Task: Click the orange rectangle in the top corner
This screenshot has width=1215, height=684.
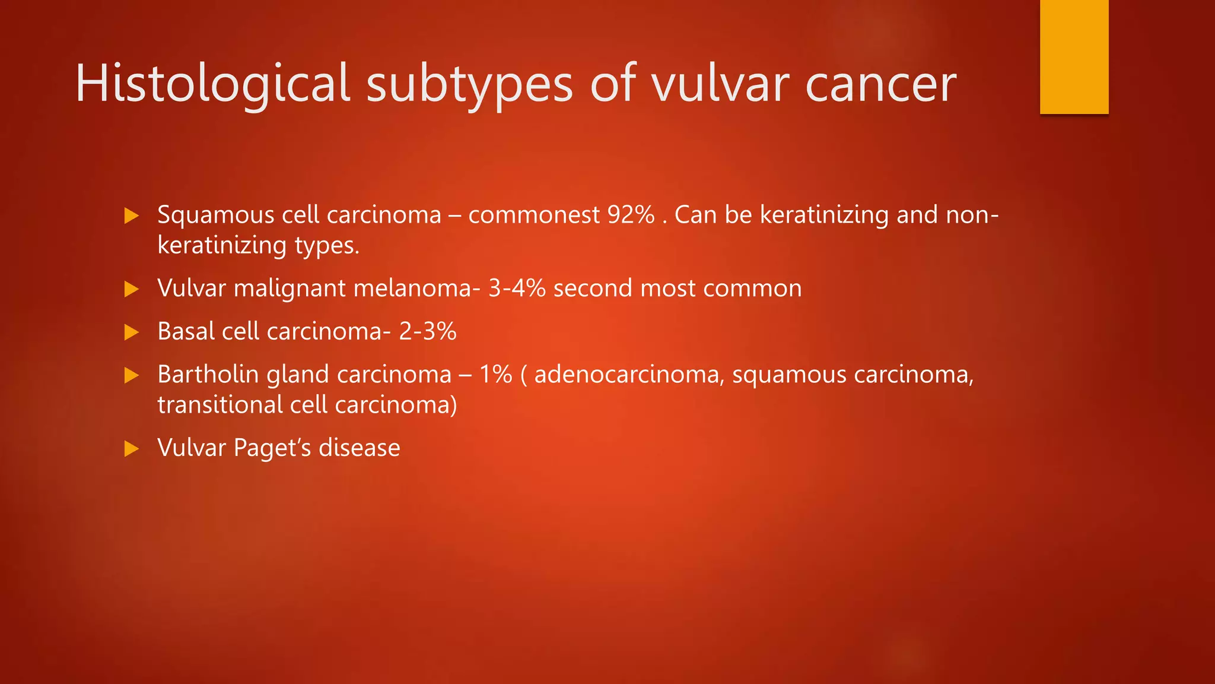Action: click(x=1074, y=56)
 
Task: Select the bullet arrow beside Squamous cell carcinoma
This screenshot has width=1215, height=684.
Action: click(x=131, y=216)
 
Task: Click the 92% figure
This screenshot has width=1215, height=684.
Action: click(x=631, y=215)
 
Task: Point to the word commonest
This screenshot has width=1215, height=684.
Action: click(x=534, y=215)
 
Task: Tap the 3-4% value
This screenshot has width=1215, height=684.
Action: click(x=517, y=289)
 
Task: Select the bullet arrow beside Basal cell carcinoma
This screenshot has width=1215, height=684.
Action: click(x=131, y=332)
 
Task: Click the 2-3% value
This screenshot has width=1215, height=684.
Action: click(x=428, y=331)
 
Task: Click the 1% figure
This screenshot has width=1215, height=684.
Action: click(x=495, y=375)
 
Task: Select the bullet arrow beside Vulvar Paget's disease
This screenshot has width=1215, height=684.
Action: click(x=131, y=448)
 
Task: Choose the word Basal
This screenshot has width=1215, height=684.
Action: click(x=186, y=331)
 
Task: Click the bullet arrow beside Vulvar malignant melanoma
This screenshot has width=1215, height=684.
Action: click(x=131, y=289)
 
